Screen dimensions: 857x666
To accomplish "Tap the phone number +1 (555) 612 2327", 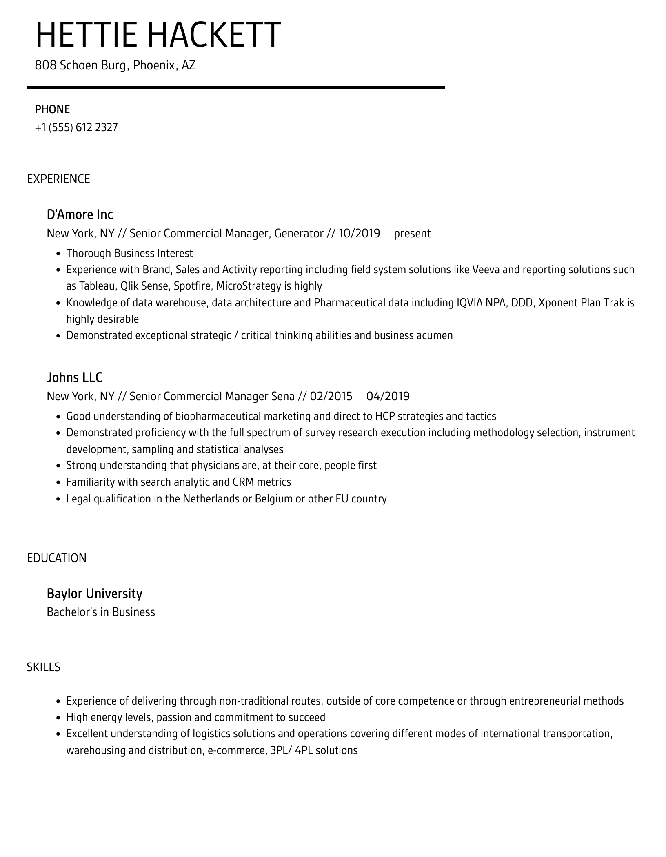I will coord(76,127).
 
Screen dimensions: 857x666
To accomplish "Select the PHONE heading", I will coord(52,109).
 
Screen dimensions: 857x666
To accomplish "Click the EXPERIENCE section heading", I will coord(58,179).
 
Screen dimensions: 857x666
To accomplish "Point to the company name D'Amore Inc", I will coord(80,214).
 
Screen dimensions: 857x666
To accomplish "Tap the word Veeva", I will coord(485,270).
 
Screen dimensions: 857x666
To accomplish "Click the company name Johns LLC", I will coord(74,377).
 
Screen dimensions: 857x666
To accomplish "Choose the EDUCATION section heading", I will coord(57,558).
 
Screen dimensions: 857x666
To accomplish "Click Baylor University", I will coord(94,594).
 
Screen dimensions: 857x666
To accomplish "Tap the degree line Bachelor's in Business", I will coord(101,612).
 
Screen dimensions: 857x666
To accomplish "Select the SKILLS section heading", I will coord(43,667).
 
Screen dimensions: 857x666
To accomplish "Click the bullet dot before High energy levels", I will coord(58,718).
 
